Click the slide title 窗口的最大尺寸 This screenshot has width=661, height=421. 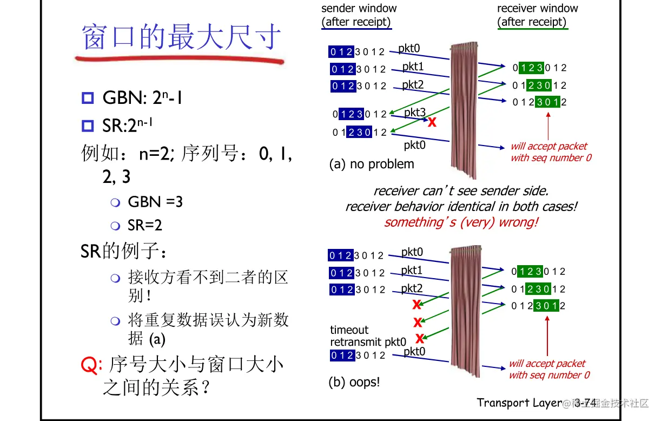point(182,38)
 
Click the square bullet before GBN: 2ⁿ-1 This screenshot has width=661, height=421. point(88,98)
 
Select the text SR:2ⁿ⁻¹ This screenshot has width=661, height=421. point(128,126)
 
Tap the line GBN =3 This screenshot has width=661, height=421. point(155,202)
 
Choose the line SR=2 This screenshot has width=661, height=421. point(145,225)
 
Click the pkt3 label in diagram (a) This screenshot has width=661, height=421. point(415,113)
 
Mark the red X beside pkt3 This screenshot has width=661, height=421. point(432,122)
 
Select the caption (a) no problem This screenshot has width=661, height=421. point(372,164)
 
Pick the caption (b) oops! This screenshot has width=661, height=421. point(354,382)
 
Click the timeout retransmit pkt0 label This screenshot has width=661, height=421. point(368,336)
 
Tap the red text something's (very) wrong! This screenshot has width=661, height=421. point(461,222)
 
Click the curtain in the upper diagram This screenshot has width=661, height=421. point(464,108)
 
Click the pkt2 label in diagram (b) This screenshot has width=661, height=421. point(412,288)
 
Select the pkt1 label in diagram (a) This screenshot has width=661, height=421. point(413,67)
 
